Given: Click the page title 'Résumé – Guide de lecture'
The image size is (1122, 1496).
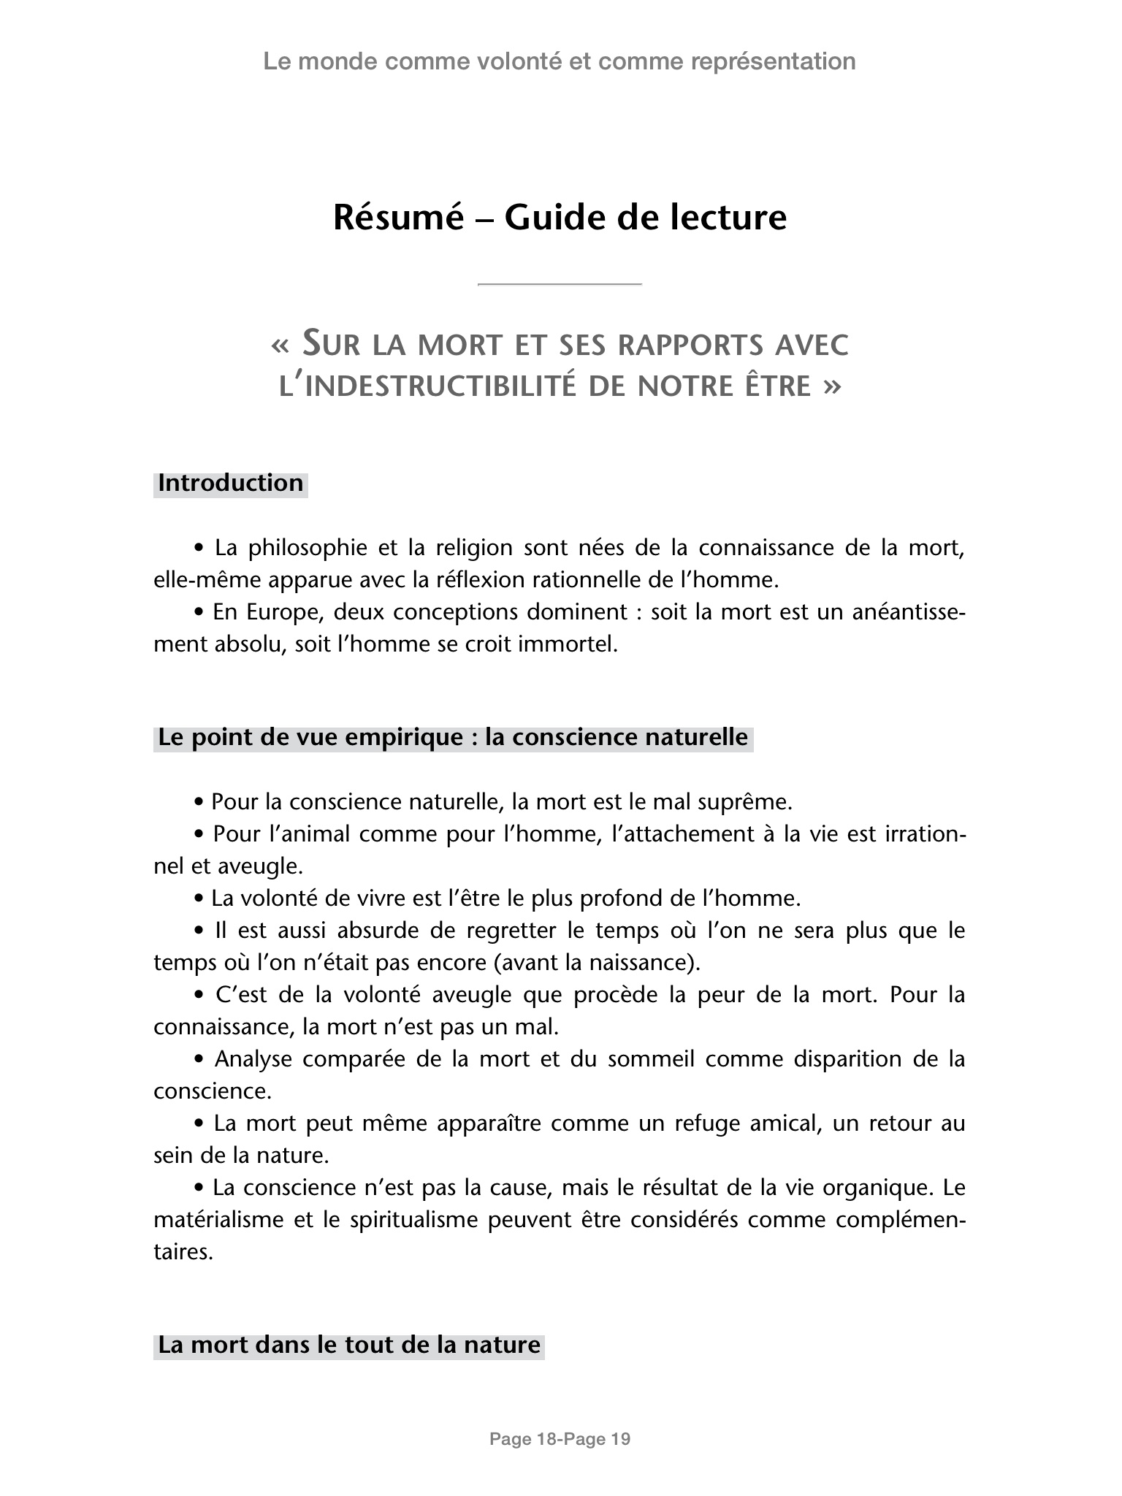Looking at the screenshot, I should point(560,218).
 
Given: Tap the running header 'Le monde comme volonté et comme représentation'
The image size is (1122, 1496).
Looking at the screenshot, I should point(560,61).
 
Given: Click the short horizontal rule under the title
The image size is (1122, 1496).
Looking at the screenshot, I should point(560,283).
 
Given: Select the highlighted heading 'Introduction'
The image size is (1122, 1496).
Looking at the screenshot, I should point(230,484).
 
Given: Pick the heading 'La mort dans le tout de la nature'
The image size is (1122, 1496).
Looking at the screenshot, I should point(349,1345).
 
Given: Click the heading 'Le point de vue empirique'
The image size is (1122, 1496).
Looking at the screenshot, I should point(453,738).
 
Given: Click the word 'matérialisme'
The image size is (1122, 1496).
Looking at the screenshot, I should point(223,1221).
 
